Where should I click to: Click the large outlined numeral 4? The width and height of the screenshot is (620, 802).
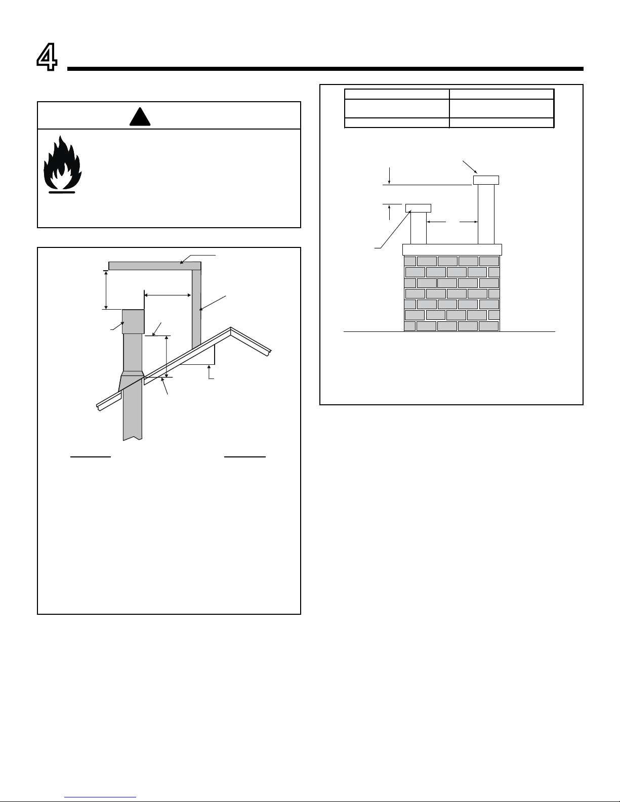(x=47, y=57)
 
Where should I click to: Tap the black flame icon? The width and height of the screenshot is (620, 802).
(x=62, y=164)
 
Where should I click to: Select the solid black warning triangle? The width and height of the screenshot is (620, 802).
(x=140, y=116)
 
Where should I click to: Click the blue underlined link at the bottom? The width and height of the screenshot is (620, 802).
(x=100, y=797)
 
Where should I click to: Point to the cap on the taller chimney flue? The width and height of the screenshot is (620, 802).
(x=486, y=180)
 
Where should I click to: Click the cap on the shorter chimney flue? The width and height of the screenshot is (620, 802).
(x=418, y=208)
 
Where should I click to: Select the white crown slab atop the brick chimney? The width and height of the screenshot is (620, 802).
(x=452, y=249)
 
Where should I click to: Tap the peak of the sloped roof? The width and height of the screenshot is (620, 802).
(x=231, y=327)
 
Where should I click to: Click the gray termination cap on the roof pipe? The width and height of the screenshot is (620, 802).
(x=133, y=321)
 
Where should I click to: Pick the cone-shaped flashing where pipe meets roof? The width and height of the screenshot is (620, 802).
(x=132, y=381)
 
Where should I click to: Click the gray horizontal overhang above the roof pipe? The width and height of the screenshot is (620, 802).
(x=155, y=266)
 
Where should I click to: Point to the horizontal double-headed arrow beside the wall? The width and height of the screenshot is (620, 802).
(x=168, y=296)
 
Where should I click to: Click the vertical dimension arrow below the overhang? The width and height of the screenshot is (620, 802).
(x=106, y=290)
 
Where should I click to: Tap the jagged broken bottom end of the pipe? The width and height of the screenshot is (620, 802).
(x=133, y=438)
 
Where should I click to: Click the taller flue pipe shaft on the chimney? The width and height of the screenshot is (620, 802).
(x=486, y=215)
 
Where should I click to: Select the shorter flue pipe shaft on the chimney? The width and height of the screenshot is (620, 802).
(x=419, y=229)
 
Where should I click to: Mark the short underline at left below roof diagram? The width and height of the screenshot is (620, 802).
(x=91, y=457)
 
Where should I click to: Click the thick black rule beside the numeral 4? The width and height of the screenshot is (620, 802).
(x=325, y=69)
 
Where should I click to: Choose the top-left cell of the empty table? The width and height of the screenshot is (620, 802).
(x=397, y=94)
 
